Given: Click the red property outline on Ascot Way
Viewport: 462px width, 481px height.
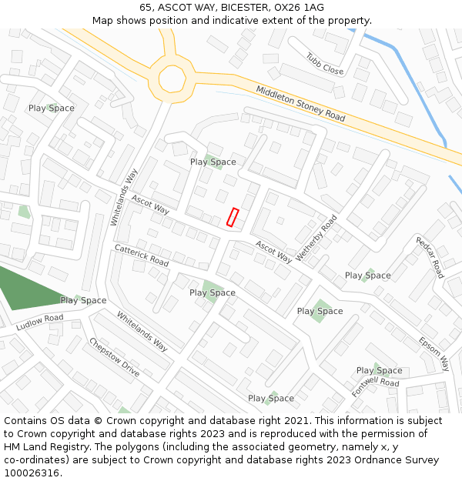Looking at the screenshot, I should click(233, 217).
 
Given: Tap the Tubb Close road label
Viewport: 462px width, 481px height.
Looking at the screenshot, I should click(324, 64).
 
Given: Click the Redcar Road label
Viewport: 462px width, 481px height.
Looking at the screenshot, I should click(430, 257).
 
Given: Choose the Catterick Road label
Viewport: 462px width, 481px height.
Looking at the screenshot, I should click(141, 256).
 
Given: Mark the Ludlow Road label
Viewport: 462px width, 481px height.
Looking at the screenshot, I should click(39, 322).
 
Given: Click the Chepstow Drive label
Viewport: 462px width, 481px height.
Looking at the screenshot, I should click(114, 357).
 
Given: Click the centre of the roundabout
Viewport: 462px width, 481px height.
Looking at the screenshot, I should click(172, 78).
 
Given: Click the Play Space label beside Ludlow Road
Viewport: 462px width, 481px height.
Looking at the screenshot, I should click(83, 300).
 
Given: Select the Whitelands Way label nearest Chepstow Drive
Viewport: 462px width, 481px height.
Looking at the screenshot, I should click(142, 331).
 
